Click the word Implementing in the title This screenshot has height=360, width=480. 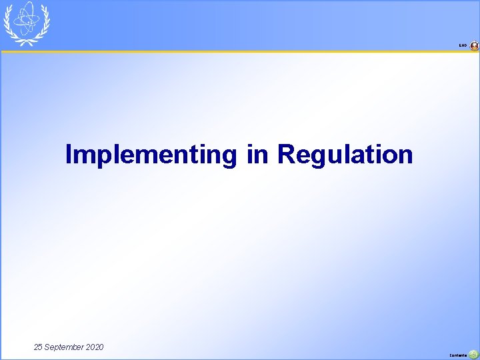(x=150, y=155)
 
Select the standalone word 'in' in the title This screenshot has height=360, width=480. (x=257, y=155)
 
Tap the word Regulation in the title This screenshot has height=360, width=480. (x=345, y=155)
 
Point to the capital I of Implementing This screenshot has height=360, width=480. (x=69, y=155)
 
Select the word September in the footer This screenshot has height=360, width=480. (x=65, y=347)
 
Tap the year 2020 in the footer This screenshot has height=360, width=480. (x=95, y=347)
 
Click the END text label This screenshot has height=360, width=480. (x=463, y=45)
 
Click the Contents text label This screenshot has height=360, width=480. (x=459, y=355)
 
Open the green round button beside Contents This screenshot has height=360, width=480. (x=474, y=355)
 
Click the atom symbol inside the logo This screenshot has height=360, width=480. (x=27, y=20)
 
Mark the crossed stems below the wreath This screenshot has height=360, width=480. (x=27, y=42)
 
